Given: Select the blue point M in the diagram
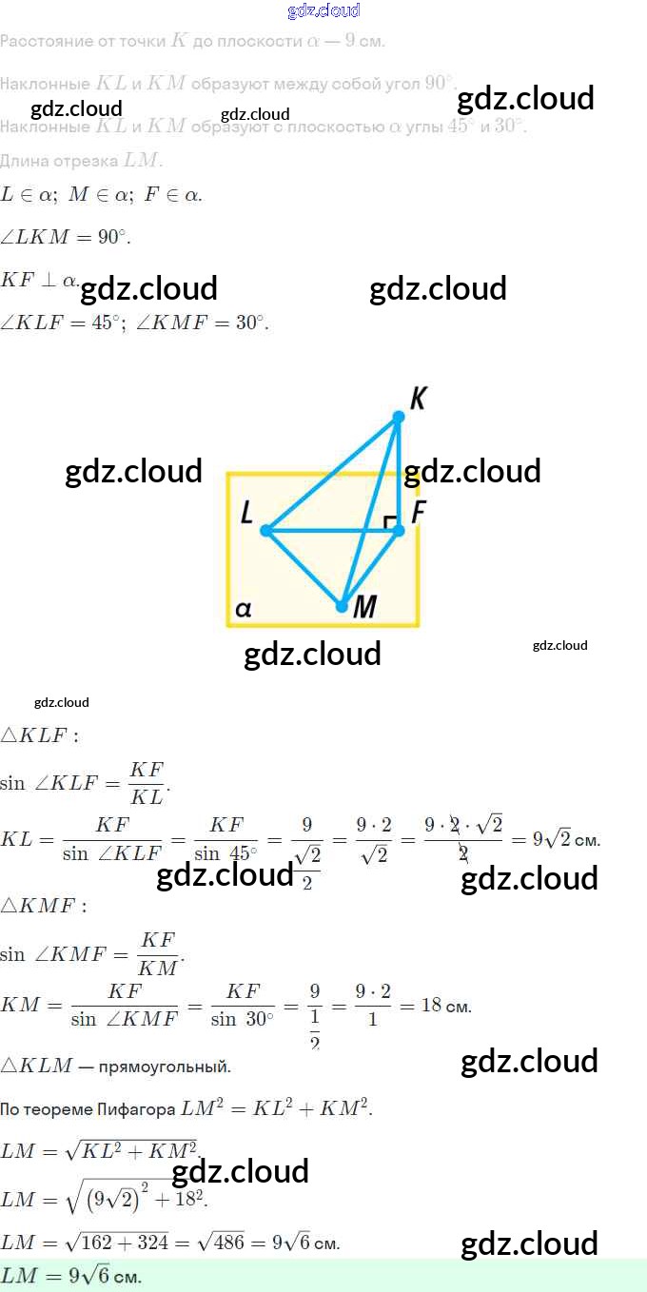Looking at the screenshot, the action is (x=342, y=605).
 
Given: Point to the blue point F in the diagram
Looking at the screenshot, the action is (x=399, y=530).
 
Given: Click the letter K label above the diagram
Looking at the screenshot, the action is (x=417, y=398).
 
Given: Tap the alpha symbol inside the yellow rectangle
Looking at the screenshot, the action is (x=243, y=609).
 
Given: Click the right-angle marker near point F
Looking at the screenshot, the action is (x=387, y=521).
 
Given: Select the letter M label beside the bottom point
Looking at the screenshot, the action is (x=364, y=607).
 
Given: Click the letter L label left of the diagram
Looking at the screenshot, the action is (x=246, y=515).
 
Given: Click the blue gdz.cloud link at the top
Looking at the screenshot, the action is (x=323, y=10).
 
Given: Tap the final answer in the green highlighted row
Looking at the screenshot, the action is (x=71, y=1276).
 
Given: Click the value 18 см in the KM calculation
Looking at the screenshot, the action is (x=445, y=1006).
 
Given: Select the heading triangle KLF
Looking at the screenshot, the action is (x=39, y=734).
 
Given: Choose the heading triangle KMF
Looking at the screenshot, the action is (x=43, y=905).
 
